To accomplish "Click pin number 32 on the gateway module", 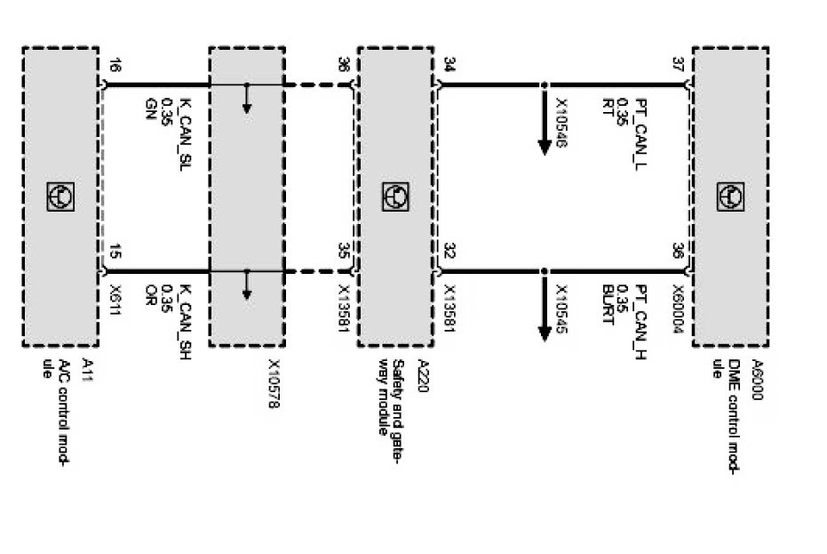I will [x=449, y=252].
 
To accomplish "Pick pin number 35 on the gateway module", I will [x=344, y=252].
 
